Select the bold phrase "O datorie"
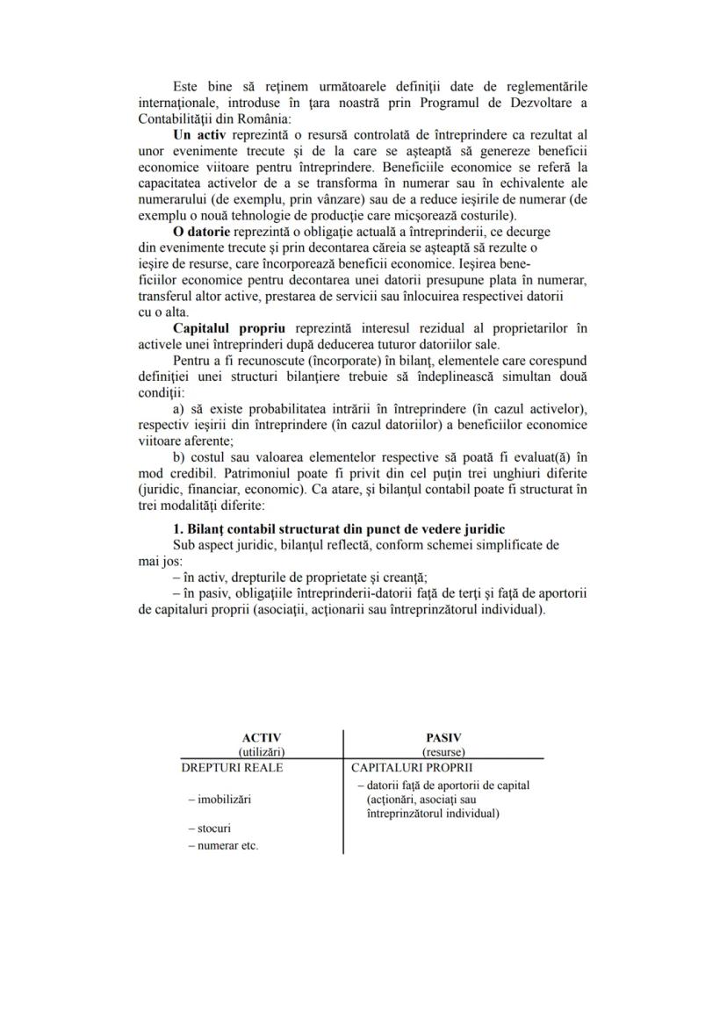tap(202, 231)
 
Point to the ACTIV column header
tap(261, 738)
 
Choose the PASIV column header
tap(443, 738)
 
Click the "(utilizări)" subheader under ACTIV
tap(261, 751)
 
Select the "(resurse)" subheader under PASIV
tap(443, 751)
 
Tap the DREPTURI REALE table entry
tap(232, 766)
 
